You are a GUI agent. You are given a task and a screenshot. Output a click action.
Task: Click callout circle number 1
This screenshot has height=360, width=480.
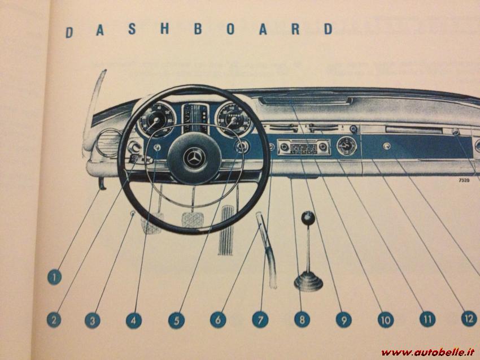coord(54,277)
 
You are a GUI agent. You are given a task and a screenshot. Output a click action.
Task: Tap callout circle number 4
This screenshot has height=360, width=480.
coord(133,320)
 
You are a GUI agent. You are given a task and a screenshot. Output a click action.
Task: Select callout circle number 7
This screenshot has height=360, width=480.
coord(260,320)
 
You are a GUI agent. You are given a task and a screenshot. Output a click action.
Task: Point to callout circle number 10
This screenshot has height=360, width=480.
coord(385,320)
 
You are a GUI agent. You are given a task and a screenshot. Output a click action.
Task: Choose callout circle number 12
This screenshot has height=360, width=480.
coord(469,318)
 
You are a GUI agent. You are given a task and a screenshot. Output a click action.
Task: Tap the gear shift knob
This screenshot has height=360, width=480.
coord(308,218)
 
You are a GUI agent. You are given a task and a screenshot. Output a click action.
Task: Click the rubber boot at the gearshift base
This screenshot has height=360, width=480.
coord(308,280)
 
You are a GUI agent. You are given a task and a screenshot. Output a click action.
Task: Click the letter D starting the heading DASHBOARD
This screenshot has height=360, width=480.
coord(69,32)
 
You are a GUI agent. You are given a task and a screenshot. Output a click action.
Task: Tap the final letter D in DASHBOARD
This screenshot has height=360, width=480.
coord(329,29)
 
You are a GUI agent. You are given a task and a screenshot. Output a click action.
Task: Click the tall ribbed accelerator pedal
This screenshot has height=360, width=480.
coord(226,222)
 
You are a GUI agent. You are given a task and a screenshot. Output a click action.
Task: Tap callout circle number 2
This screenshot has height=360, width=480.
coord(54,320)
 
